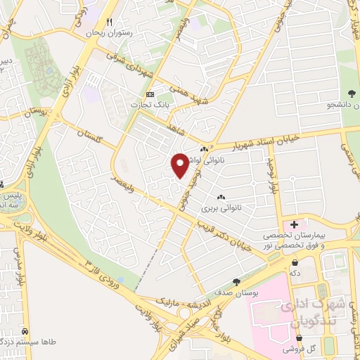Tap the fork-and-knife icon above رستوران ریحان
109,22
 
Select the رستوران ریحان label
109,32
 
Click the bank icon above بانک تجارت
149,94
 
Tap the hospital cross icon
294,224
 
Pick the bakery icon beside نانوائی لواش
204,149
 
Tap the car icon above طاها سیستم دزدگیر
25,330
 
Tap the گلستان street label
92,133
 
